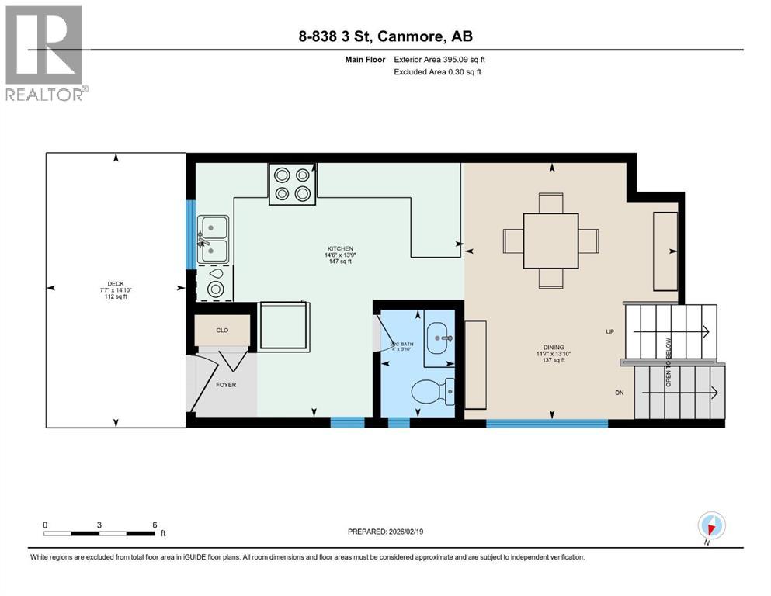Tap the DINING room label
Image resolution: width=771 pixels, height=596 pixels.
coord(553,348)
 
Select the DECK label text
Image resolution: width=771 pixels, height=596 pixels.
coord(116,283)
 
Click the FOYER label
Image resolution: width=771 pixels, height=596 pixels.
coord(226,384)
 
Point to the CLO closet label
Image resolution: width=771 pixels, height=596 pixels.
coord(222,331)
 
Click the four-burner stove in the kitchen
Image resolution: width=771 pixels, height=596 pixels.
coord(293,185)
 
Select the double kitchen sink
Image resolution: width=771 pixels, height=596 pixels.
coord(213,240)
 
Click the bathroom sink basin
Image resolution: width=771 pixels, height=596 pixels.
coord(443,338)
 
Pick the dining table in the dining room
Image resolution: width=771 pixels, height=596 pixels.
coord(550,240)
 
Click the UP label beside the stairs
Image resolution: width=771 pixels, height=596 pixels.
coord(610,331)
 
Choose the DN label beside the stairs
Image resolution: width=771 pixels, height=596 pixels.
coord(619,393)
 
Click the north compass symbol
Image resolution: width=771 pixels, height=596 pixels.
coord(710,526)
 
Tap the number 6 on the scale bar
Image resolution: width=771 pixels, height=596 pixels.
coord(155,525)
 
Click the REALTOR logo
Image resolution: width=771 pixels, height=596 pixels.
coord(44,52)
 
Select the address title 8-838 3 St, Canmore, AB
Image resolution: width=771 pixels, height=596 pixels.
coord(385,36)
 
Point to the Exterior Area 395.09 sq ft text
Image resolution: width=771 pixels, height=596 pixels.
coord(439,59)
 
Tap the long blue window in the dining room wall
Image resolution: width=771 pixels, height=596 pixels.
coord(547,423)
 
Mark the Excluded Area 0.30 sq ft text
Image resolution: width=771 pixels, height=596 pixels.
coord(439,71)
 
